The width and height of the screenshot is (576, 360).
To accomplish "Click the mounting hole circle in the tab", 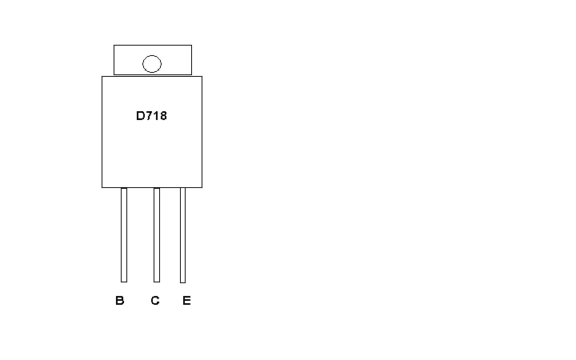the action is coord(152,56).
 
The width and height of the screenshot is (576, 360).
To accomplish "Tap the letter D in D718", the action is coord(141,116).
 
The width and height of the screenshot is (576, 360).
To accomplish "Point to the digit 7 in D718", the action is coord(149,116).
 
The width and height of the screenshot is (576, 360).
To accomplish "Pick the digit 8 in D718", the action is coord(163,116).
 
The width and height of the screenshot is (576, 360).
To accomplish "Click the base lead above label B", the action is coord(124,235).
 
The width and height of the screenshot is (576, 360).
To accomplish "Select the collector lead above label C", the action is coord(157,235).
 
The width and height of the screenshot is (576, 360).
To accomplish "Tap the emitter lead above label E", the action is coord(182,235).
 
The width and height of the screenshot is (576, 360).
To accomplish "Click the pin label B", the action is coord(120,301).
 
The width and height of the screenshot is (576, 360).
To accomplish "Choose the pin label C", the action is coord(155,301).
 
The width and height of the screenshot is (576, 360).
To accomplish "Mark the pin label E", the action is coord(186,301).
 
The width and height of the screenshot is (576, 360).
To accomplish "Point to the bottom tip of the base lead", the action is coord(124,282).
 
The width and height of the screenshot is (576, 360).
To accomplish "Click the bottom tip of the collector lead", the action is coord(157,282).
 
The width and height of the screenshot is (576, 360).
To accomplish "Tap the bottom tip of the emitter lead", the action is coord(182,283).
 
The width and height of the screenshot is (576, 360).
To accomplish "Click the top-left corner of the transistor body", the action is coord(102,77).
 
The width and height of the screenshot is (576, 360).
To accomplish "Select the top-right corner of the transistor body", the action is coord(202,77).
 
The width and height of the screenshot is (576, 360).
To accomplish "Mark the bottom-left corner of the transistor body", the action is coord(102,188).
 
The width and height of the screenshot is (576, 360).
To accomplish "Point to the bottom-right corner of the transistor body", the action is coord(202,188).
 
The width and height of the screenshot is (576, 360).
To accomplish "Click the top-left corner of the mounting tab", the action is coord(114,45).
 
